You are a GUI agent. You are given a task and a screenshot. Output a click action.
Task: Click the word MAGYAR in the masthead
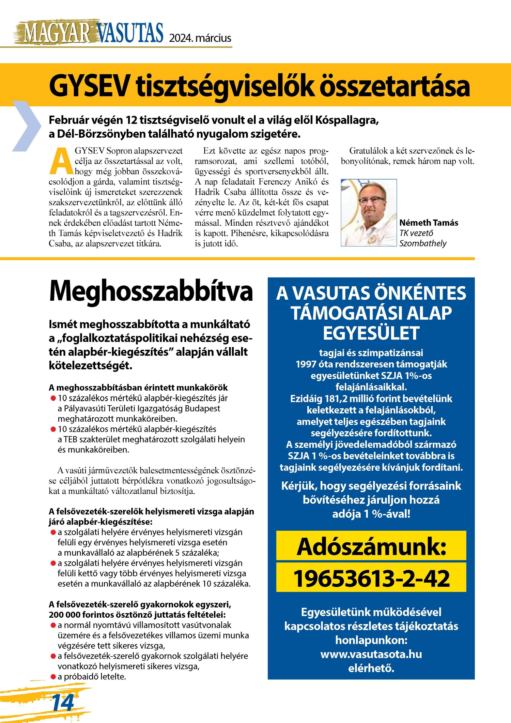(56, 33)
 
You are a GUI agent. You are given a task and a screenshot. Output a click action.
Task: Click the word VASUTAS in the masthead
(130, 33)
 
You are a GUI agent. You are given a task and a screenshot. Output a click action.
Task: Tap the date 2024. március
(200, 38)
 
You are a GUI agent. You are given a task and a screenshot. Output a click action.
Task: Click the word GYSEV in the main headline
(89, 87)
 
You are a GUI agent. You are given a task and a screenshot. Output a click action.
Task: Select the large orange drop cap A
(61, 161)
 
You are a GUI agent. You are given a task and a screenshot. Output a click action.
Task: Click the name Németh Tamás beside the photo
(429, 223)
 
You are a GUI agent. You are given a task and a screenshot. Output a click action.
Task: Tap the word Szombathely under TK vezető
(423, 243)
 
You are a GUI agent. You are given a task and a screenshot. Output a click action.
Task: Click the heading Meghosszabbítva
(151, 292)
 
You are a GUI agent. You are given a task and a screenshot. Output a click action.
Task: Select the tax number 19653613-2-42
(371, 578)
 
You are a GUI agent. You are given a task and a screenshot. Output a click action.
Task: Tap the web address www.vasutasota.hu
(371, 654)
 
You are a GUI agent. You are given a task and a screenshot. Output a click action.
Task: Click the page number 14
(63, 703)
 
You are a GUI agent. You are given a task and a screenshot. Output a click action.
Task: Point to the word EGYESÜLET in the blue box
(371, 333)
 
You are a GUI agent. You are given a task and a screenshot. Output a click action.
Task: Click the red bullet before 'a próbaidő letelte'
(53, 677)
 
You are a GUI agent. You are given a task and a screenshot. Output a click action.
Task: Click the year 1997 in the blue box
(306, 364)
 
